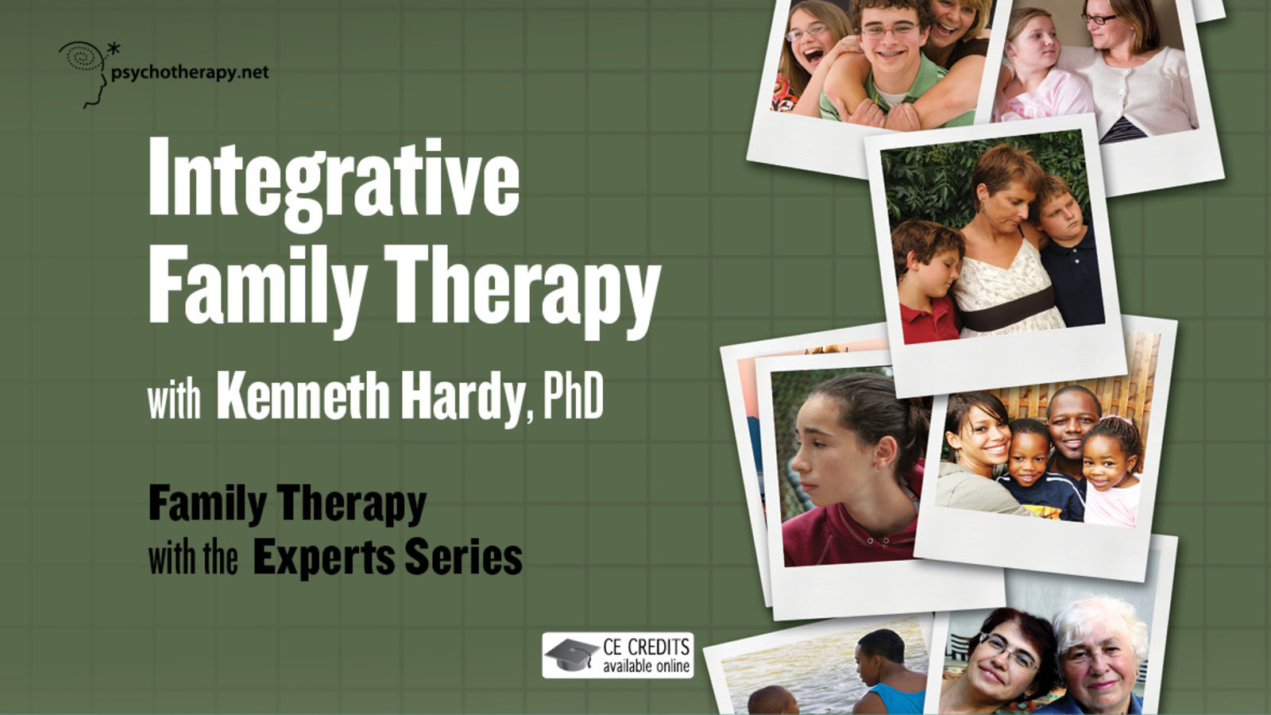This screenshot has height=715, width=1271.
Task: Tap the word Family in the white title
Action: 257,289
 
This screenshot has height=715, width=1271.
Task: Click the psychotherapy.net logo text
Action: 190,73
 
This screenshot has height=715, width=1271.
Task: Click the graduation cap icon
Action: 571,655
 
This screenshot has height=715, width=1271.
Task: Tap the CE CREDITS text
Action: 647,647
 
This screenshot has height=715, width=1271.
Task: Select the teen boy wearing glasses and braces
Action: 890,63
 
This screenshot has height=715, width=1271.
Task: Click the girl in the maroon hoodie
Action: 851,471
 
